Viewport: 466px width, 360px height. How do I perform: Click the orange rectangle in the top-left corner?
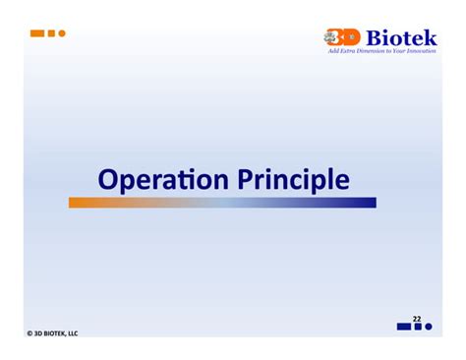[37, 32]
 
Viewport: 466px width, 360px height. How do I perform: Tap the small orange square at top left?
[51, 32]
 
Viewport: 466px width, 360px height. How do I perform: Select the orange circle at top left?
[61, 32]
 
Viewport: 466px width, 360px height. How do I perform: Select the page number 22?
[417, 319]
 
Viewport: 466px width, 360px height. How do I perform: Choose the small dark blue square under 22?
[418, 327]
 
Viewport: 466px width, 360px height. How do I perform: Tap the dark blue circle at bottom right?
[429, 327]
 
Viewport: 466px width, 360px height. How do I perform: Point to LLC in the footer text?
[72, 332]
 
